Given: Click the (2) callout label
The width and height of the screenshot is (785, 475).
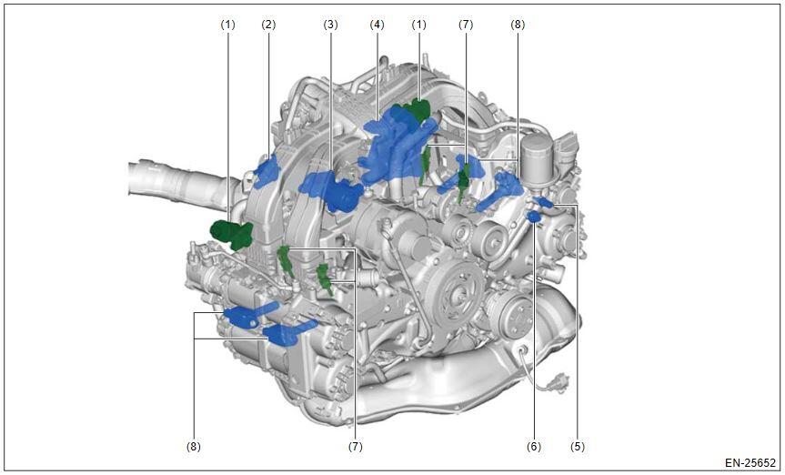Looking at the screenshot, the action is (268, 25).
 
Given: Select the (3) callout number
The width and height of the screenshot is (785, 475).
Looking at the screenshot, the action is (330, 25).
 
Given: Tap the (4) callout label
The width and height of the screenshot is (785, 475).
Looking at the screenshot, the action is (377, 25).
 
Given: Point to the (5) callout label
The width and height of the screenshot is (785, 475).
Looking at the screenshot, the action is (578, 446).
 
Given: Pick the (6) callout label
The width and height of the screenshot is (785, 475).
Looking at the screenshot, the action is (534, 446).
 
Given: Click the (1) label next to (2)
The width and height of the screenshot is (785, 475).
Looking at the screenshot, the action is (227, 25).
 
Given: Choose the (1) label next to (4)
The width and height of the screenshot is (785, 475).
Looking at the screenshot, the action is (419, 25).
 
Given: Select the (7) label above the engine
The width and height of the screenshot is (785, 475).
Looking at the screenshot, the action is (466, 25).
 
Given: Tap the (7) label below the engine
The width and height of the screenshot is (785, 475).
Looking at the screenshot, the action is (356, 446).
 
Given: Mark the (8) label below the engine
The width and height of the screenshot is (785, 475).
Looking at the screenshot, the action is (194, 446).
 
